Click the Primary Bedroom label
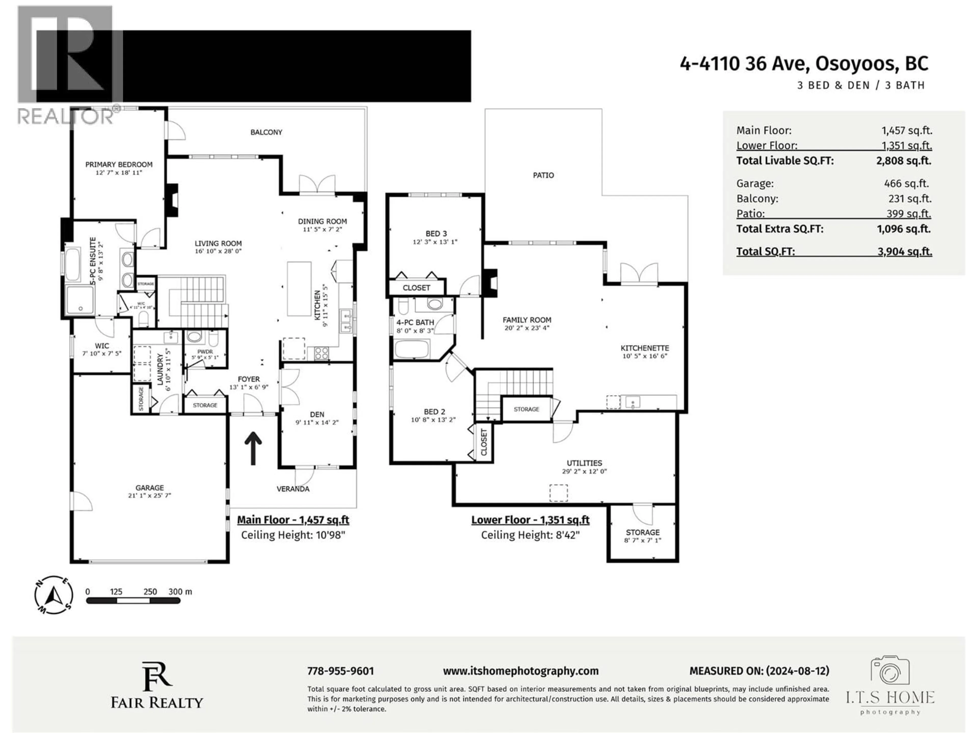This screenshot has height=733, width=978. (x=118, y=164)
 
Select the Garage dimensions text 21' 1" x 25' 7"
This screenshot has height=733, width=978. (x=150, y=495)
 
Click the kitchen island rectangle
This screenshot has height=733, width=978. (x=299, y=289)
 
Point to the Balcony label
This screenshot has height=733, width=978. (x=266, y=132)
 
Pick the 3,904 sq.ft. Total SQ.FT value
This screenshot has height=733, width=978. (x=905, y=251)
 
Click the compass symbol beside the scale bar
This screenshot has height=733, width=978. (x=54, y=595)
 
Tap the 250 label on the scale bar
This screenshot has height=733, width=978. (x=150, y=591)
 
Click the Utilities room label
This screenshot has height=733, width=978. (x=584, y=463)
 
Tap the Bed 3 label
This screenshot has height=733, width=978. (x=436, y=234)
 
